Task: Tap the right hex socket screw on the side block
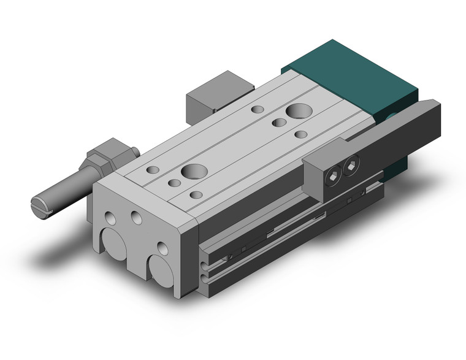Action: pyautogui.click(x=350, y=165)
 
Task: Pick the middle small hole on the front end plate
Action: pyautogui.click(x=136, y=218)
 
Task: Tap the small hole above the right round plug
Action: pyautogui.click(x=162, y=248)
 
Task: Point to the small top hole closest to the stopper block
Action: pyautogui.click(x=258, y=109)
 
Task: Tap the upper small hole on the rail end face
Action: pyautogui.click(x=204, y=266)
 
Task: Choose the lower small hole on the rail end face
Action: pyautogui.click(x=204, y=279)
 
